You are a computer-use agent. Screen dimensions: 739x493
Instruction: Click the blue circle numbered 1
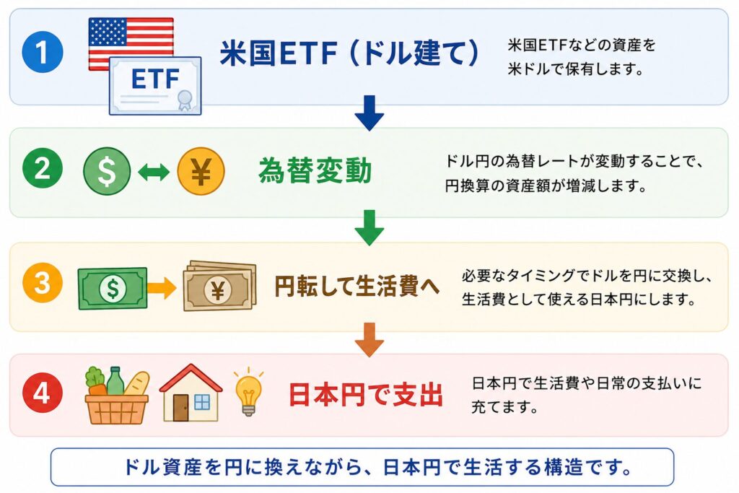43,51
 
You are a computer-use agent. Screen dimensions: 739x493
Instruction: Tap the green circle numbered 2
43,167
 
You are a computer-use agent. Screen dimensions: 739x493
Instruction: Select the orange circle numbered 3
43,282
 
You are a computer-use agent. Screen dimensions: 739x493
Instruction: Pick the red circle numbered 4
43,393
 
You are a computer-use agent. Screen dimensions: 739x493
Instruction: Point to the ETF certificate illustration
156,86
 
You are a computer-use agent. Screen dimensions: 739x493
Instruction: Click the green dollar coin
107,171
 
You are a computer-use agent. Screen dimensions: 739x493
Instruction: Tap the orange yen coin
201,171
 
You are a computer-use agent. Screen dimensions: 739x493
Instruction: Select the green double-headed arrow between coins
154,172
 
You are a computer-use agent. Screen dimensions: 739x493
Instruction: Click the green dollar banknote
113,288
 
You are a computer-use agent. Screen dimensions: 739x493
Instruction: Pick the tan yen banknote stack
219,287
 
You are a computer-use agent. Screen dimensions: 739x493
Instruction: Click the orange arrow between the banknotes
162,288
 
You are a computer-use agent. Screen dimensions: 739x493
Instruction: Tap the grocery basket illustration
117,395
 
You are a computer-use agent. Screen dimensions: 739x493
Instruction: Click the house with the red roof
191,393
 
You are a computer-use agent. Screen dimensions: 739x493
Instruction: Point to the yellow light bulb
248,392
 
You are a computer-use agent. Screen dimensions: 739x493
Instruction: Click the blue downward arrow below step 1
369,113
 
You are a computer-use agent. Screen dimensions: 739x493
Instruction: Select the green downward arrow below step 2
369,227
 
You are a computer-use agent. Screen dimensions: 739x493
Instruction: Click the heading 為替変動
315,170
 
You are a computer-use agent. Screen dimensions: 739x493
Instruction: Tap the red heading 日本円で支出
366,395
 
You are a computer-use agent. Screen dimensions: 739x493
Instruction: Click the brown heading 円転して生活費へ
357,286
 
